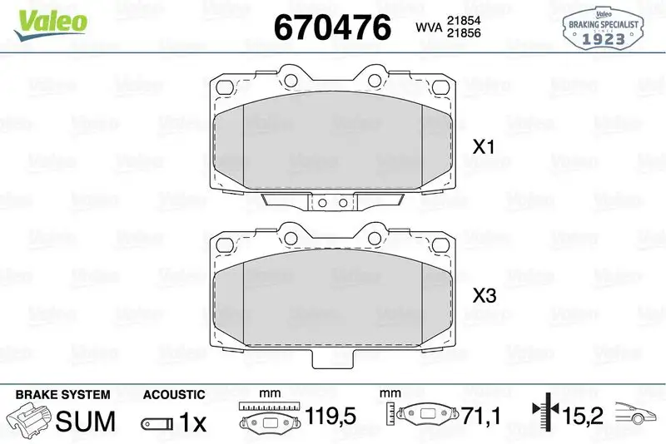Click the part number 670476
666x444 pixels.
[332, 28]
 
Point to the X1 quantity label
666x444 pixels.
[484, 148]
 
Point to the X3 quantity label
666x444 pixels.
[484, 295]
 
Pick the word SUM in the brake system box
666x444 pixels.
[85, 422]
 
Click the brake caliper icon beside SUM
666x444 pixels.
[27, 419]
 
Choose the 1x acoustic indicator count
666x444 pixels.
[192, 422]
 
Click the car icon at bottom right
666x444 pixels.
[637, 412]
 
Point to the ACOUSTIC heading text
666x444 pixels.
[174, 395]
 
